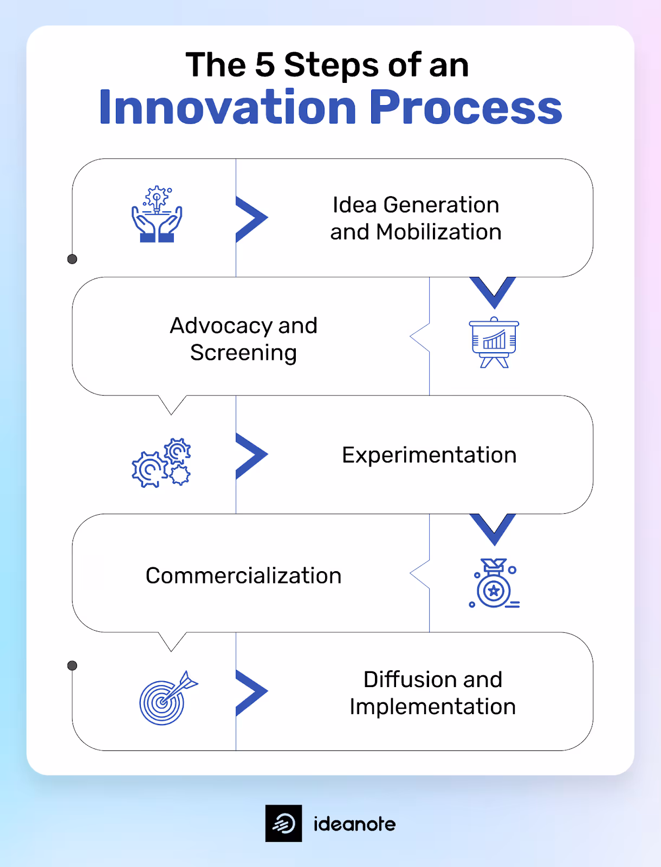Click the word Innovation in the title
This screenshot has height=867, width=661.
click(228, 107)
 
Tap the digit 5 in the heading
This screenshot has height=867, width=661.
click(264, 65)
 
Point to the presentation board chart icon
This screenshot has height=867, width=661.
click(494, 342)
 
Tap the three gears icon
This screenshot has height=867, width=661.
click(161, 463)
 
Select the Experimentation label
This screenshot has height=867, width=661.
click(429, 455)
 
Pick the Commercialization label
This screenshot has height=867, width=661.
click(243, 576)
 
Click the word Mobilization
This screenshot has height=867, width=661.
click(439, 232)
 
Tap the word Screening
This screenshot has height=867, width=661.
click(243, 353)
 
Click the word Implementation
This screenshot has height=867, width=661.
click(432, 707)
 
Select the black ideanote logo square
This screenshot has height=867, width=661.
click(283, 824)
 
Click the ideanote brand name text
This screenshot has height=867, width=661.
click(354, 824)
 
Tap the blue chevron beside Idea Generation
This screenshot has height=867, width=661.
click(250, 218)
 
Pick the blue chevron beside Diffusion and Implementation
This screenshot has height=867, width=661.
click(250, 692)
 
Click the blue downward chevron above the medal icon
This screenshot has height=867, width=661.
click(493, 528)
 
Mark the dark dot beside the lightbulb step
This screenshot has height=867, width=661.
click(72, 259)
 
